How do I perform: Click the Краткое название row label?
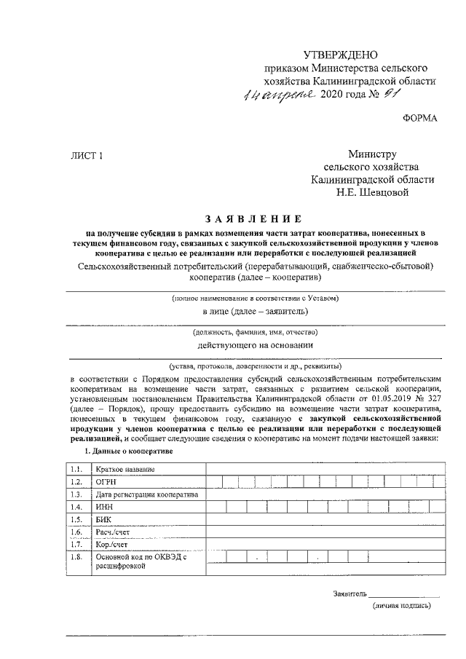pos(125,467)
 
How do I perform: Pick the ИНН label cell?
pos(106,507)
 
